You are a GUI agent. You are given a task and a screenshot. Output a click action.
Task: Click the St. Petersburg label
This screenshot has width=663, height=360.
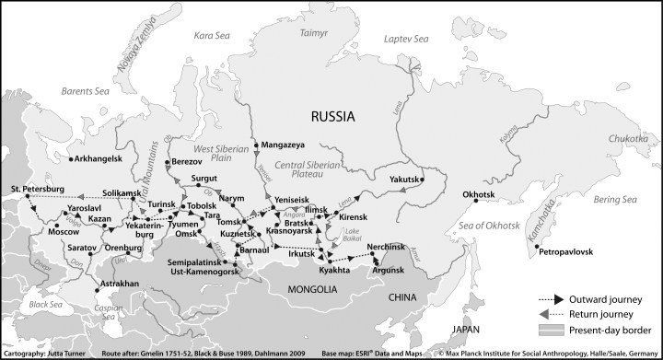click(38, 189)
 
